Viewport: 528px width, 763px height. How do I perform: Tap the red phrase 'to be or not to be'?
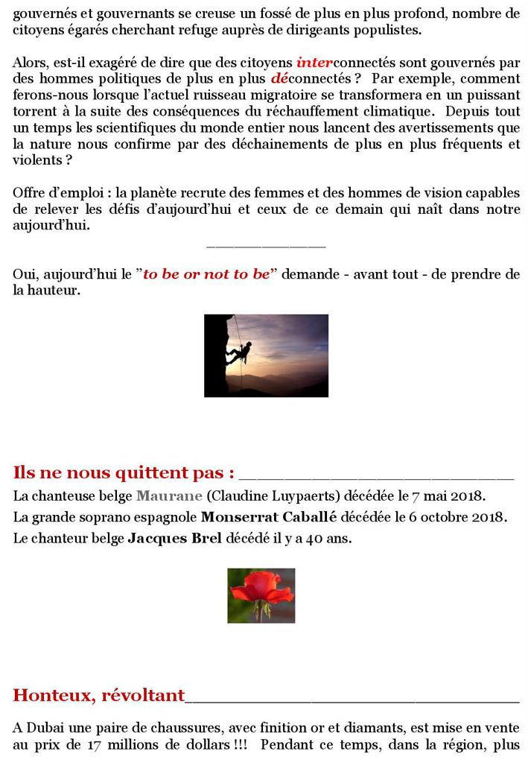tap(206, 274)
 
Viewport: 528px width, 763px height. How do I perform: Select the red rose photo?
tap(261, 595)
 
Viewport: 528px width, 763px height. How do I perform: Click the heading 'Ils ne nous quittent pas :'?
tap(124, 472)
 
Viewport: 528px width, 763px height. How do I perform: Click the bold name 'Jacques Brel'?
tap(174, 538)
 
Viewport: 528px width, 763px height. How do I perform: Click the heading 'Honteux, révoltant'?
tap(98, 695)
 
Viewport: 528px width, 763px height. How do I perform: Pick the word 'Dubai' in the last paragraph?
tap(45, 727)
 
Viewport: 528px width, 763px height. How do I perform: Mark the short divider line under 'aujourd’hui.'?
tap(266, 245)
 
